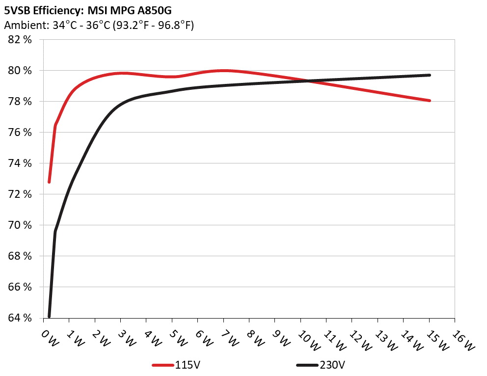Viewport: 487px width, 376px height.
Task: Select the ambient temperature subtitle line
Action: [x=99, y=25]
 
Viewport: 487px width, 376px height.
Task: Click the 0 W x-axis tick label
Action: [x=50, y=338]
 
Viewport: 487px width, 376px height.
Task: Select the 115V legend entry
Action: [x=177, y=365]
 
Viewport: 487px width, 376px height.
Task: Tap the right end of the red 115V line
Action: [x=430, y=101]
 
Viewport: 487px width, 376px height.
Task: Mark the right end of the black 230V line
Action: [x=430, y=75]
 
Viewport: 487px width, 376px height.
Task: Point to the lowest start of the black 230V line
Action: [x=49, y=316]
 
